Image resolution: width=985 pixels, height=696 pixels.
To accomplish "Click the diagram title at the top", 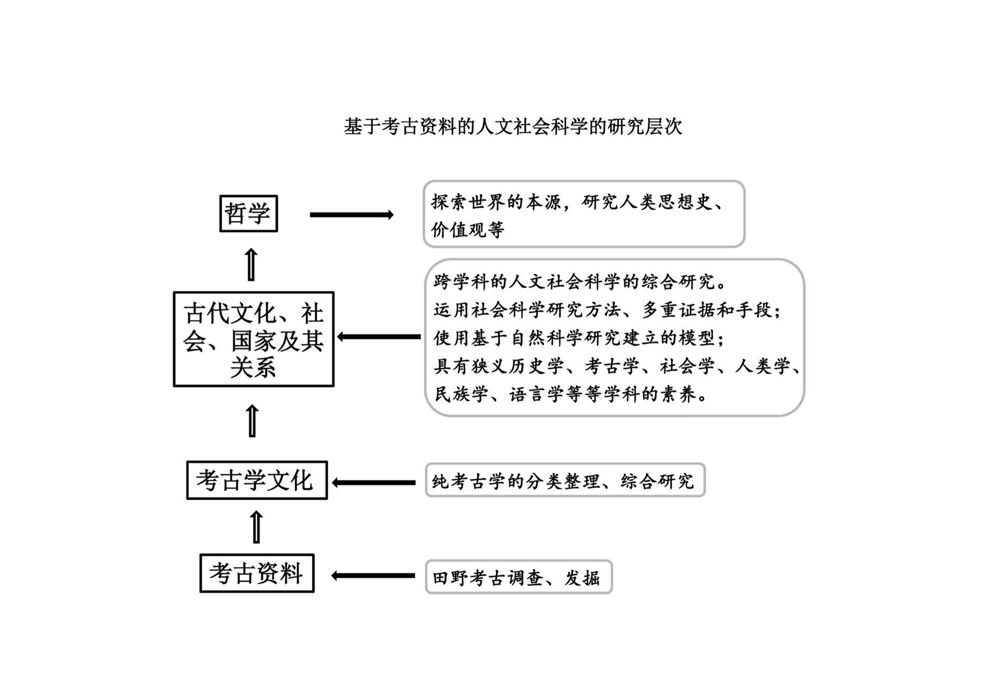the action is click(x=513, y=126).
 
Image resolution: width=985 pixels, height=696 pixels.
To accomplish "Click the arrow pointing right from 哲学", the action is click(x=352, y=215).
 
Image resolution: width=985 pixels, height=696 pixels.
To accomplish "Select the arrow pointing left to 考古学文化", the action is click(x=374, y=482).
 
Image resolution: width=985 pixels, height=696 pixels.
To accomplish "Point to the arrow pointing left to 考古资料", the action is click(x=373, y=575).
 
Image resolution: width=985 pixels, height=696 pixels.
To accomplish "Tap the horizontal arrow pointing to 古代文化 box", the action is click(x=379, y=337).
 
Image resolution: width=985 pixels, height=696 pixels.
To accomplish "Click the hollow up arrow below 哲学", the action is click(x=251, y=264).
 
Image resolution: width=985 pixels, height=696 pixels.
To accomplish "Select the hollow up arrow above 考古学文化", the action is click(x=252, y=420).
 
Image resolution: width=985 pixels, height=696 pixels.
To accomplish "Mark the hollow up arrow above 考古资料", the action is click(x=256, y=526).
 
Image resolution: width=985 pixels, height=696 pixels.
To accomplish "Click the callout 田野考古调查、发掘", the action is click(x=519, y=577).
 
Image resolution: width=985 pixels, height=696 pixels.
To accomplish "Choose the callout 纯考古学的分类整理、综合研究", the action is click(x=565, y=480).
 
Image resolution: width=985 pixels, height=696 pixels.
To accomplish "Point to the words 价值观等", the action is click(x=468, y=230).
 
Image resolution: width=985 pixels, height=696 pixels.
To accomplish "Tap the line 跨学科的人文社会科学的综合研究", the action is click(x=580, y=282).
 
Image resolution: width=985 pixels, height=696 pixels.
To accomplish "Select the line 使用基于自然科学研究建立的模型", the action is click(x=580, y=338).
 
